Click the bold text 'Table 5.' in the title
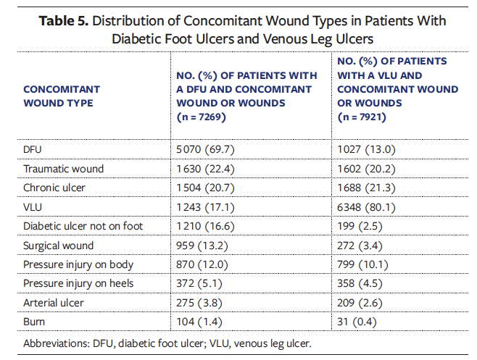click(64, 21)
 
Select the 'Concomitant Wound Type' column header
click(62, 96)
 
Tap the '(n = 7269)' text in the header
click(202, 117)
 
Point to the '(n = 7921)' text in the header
click(362, 117)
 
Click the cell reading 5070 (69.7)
click(205, 150)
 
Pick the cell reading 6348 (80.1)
click(366, 207)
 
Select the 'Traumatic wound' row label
click(63, 169)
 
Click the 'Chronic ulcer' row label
click(54, 188)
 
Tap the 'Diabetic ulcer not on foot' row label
click(83, 226)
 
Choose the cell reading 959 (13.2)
click(202, 246)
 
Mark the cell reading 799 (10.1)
click(362, 264)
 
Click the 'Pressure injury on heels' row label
click(78, 283)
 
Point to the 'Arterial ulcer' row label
click(54, 303)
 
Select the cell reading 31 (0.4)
click(357, 322)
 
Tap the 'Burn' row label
click(34, 322)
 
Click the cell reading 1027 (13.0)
click(366, 150)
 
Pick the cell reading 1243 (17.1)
click(205, 207)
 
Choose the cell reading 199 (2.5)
click(360, 226)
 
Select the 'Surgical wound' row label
click(59, 246)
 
